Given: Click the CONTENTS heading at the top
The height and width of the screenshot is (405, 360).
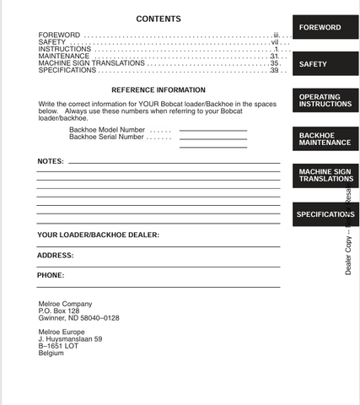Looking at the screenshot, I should coord(159,19).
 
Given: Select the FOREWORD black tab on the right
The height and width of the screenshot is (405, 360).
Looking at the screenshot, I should coord(320,28).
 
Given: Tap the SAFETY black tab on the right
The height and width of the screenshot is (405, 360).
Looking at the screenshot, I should coord(313,64).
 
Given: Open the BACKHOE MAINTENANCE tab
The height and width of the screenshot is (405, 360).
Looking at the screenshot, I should coord(325,138).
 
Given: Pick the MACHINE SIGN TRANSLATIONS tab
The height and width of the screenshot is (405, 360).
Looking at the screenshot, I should coord(325,175).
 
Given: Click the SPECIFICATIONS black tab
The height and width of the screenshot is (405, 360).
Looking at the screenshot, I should coord(325,214).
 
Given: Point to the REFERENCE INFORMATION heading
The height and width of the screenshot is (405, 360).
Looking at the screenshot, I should coord(158,89).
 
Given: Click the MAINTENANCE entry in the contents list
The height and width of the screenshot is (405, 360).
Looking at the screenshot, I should coord(64,57).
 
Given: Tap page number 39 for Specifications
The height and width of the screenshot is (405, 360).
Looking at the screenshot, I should coord(274,70).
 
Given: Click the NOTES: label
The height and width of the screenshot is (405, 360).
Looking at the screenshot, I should coord(51,160).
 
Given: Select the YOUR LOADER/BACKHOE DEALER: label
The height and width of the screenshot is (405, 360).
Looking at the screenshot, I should coord(98,235).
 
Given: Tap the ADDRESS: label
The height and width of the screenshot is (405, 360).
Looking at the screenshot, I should coord(55,255).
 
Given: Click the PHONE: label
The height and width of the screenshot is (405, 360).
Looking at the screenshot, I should coord(51,275).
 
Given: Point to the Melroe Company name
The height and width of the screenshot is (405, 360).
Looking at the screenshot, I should coord(65,304).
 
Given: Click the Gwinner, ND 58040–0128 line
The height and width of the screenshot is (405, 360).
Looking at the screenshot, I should coord(78,318).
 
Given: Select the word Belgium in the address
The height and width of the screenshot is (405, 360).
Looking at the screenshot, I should coord(51,353).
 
